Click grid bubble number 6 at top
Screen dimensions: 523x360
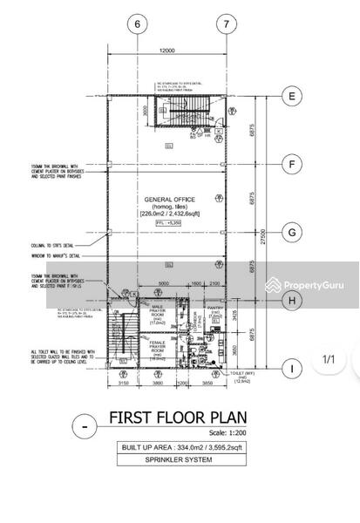click(137, 24)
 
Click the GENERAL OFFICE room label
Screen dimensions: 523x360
click(167, 198)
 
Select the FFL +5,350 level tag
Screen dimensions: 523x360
click(167, 223)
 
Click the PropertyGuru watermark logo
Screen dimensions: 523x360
click(302, 286)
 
